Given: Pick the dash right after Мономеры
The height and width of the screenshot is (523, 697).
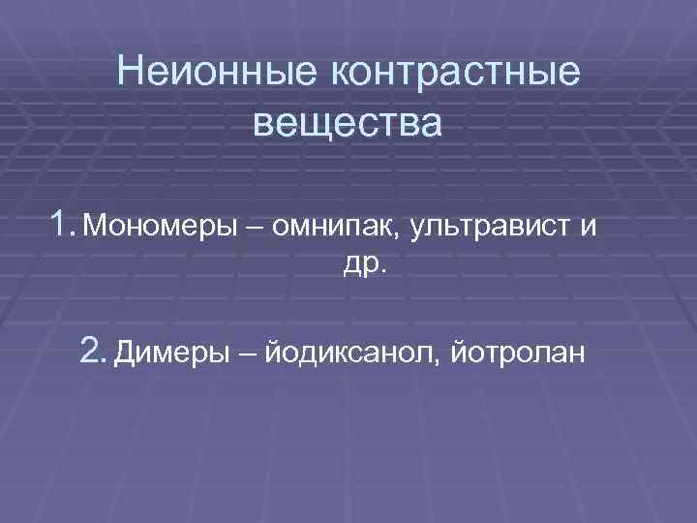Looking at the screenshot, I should (254, 229).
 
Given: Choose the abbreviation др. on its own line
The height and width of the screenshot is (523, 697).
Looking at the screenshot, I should (364, 265).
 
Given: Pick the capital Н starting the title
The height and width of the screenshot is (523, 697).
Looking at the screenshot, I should (128, 73).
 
